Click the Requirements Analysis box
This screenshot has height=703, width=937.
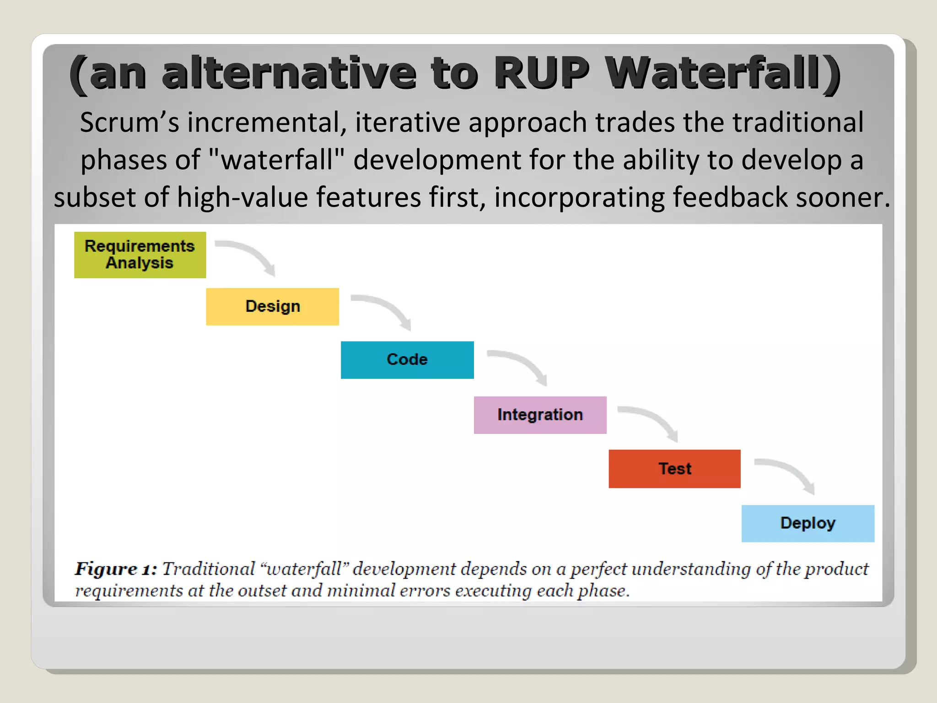(x=140, y=255)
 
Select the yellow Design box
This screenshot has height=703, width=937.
(x=272, y=307)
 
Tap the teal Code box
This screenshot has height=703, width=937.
(x=407, y=360)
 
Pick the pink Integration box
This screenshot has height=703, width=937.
(x=540, y=415)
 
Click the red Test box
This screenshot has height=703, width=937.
(x=674, y=469)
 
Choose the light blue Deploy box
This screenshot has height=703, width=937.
(x=808, y=524)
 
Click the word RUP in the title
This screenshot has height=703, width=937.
(x=542, y=73)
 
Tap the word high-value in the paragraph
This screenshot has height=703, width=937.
(x=242, y=197)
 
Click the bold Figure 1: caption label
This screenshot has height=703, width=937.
(x=116, y=569)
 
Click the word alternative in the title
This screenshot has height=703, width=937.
(x=289, y=73)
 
